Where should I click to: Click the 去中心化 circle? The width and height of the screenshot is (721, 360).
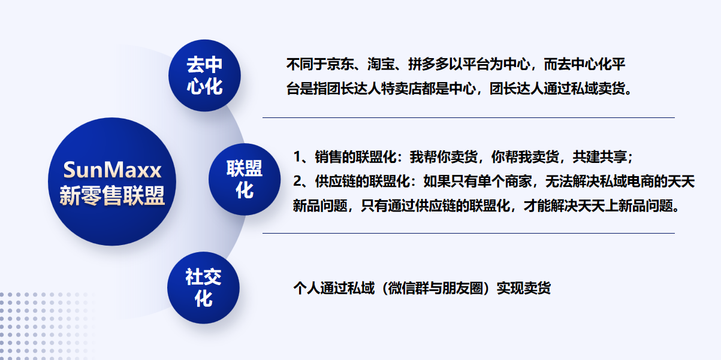[204, 75]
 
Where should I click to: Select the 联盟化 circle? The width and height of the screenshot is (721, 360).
[245, 179]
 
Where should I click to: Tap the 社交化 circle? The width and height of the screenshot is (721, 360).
[203, 288]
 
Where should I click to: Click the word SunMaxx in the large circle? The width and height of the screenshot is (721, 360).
[112, 170]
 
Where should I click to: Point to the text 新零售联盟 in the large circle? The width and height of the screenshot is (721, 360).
[112, 195]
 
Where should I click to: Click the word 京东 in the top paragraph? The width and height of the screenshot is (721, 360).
[340, 64]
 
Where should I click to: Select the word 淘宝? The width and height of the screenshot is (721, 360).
[381, 64]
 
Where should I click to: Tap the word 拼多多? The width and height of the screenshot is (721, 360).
[428, 64]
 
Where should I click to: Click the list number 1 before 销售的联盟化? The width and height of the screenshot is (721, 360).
[297, 157]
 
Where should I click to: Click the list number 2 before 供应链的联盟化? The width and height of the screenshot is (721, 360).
[297, 181]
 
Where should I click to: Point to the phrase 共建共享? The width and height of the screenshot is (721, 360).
[599, 157]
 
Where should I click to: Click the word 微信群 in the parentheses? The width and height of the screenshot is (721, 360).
[408, 288]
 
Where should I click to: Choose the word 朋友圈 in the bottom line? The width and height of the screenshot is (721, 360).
[462, 288]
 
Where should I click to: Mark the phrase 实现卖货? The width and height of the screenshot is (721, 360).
[523, 288]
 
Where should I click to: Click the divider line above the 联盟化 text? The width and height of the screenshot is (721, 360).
[469, 118]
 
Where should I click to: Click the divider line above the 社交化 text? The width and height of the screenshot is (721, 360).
[469, 233]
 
